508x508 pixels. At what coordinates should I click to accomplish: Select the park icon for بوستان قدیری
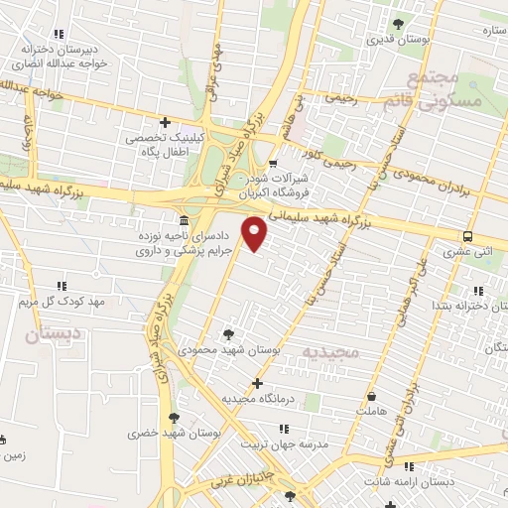pos(398,24)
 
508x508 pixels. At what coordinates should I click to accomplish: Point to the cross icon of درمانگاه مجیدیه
pos(258,383)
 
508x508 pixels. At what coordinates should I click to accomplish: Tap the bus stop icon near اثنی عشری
pos(467,236)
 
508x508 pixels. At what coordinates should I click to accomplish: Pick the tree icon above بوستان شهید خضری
pos(175,417)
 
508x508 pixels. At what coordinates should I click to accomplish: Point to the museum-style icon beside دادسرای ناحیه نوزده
pos(183,219)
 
